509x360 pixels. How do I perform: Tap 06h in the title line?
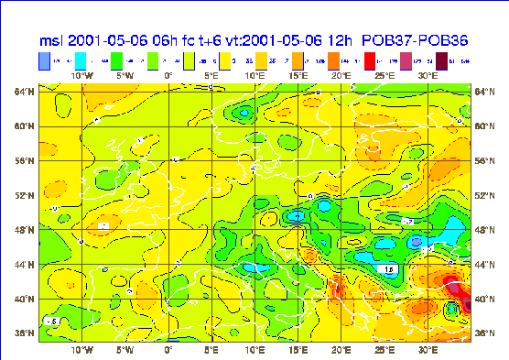coord(170,41)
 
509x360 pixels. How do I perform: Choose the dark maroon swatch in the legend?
coord(442,60)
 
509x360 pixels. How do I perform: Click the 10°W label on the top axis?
coord(81,76)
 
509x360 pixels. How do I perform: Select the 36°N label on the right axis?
coord(485,333)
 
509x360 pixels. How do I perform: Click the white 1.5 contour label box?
coord(388,269)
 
